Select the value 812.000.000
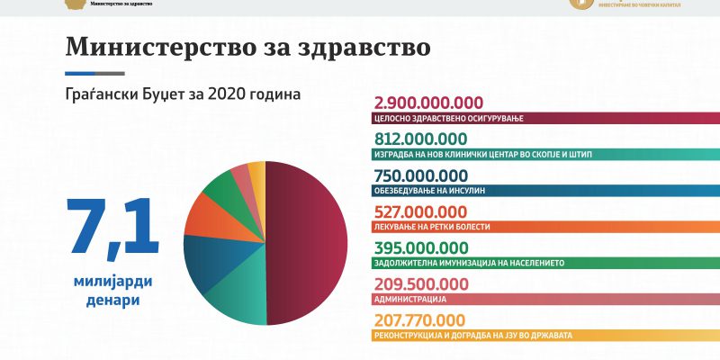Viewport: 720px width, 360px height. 419,139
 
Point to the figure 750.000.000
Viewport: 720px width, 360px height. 419,175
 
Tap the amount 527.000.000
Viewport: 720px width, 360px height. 419,211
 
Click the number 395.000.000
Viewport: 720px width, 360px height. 419,247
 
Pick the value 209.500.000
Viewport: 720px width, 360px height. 419,283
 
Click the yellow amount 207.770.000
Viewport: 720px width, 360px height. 418,319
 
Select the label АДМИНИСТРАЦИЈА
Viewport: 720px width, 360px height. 409,299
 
